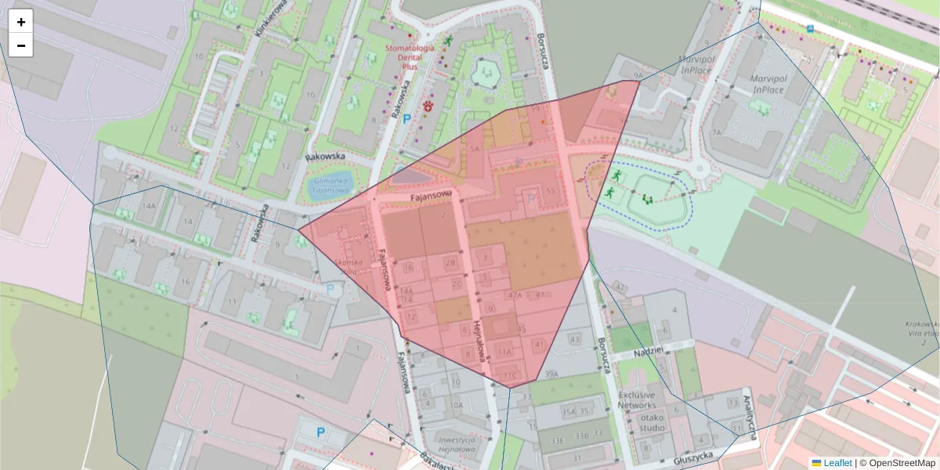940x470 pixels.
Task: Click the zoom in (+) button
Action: pyautogui.click(x=21, y=22)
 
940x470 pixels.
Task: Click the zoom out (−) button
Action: pyautogui.click(x=21, y=45)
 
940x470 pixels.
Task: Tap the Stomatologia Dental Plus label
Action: pyautogui.click(x=410, y=56)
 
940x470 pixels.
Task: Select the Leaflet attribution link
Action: pyautogui.click(x=837, y=463)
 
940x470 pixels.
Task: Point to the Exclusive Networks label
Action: pyautogui.click(x=636, y=400)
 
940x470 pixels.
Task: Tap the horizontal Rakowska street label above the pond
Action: pyautogui.click(x=327, y=157)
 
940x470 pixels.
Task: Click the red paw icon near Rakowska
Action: pyautogui.click(x=428, y=105)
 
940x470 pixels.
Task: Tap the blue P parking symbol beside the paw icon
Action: pyautogui.click(x=407, y=119)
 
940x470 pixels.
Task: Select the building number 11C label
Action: pyautogui.click(x=511, y=375)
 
